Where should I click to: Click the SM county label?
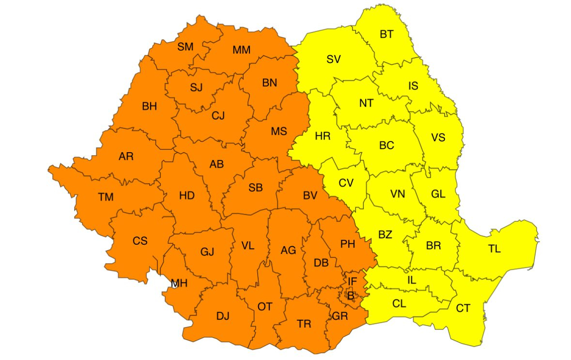pos(185,47)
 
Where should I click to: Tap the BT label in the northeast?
pos(386,34)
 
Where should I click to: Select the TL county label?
pos(494,249)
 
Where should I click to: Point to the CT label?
pos(463,308)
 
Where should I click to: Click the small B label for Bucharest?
pos(351,295)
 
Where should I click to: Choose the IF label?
pos(352,281)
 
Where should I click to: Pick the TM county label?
pos(106,197)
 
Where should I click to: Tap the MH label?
pos(179,283)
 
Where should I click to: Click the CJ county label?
pos(218,116)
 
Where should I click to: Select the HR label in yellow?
pos(323,136)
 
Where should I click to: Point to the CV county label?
pos(346,183)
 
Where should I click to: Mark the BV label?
pos(310,196)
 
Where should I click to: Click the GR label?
pos(340,316)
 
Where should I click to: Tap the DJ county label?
pos(223,316)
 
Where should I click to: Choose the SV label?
pos(333,60)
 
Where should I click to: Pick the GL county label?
pos(438,194)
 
